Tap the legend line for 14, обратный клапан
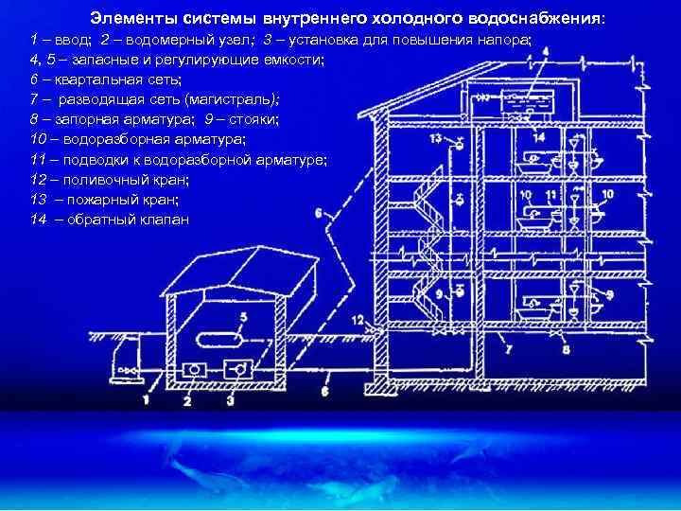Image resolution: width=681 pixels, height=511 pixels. click(110, 220)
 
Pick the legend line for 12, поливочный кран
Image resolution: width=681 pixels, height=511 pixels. click(110, 179)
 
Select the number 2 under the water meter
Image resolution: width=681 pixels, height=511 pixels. click(187, 401)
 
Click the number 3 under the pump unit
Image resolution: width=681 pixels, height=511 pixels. click(231, 401)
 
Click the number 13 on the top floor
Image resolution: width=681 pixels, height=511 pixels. click(434, 138)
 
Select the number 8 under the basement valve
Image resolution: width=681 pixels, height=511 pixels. click(567, 351)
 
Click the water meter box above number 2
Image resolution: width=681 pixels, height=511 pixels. click(195, 369)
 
